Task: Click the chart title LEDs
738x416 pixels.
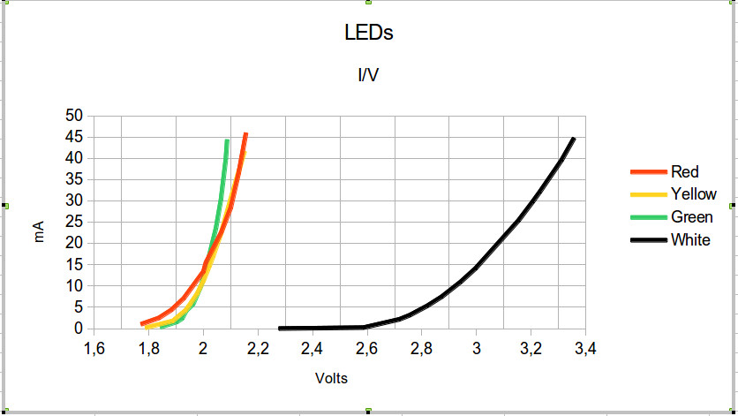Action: [368, 34]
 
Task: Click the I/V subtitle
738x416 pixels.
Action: [368, 75]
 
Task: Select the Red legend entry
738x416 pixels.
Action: [684, 171]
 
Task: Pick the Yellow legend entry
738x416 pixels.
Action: [693, 194]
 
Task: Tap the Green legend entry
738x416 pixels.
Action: [691, 217]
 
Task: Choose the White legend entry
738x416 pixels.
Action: [689, 240]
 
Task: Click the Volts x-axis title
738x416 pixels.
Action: [332, 379]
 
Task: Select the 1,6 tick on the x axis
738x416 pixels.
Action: [94, 349]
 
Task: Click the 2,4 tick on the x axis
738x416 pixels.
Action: [313, 349]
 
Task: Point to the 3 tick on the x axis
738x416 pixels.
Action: [477, 349]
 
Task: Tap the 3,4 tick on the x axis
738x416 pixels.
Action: [586, 349]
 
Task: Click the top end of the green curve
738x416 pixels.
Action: [227, 140]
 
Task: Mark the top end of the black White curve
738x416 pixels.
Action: [574, 139]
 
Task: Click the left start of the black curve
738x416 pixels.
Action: [280, 328]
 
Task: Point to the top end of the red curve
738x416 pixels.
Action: [245, 134]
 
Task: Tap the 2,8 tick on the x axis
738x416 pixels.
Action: [422, 349]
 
